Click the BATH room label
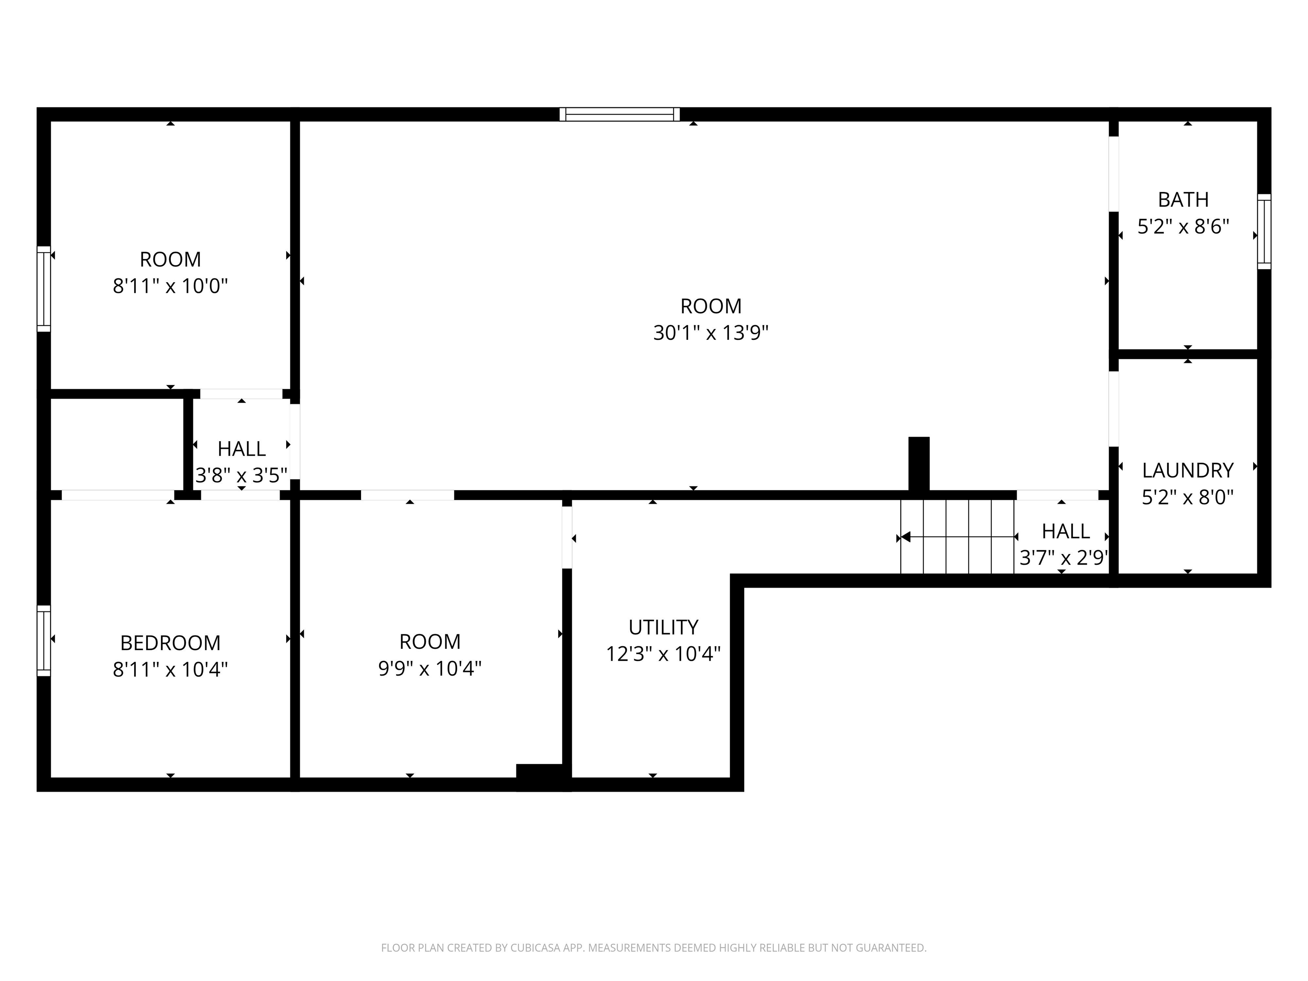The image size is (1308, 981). (x=1183, y=200)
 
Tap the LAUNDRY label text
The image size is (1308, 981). (x=1188, y=470)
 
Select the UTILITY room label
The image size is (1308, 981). (x=663, y=627)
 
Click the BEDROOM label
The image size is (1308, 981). (x=170, y=643)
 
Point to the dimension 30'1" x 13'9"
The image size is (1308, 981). (x=710, y=333)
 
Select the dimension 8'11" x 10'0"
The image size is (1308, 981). (x=170, y=286)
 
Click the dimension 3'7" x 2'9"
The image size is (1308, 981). (x=1063, y=558)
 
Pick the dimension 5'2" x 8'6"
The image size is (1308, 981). (x=1183, y=227)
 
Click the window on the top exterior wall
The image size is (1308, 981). (x=620, y=114)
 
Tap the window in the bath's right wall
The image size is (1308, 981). (x=1264, y=231)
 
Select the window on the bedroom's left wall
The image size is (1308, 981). (x=44, y=640)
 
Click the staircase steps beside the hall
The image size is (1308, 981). (x=957, y=537)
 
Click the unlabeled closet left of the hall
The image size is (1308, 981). (x=117, y=444)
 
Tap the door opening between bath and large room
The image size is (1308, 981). (x=1113, y=174)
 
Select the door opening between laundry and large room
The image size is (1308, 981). (x=1113, y=409)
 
